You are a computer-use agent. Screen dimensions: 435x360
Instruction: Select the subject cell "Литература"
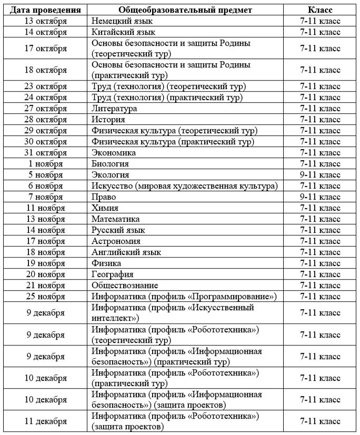114,108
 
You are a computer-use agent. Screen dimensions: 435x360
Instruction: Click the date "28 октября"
46,120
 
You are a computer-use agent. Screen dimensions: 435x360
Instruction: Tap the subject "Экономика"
114,153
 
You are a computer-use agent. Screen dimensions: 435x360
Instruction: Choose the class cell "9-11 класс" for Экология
320,175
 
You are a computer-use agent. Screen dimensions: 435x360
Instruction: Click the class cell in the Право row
320,197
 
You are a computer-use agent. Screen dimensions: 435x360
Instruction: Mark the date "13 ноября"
46,219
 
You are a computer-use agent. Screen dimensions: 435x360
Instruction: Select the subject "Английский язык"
126,252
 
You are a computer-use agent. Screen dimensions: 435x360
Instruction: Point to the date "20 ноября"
46,274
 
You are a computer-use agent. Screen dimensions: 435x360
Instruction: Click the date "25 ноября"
46,296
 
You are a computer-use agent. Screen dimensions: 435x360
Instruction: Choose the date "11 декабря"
46,421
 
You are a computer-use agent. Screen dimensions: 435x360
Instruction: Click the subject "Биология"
110,164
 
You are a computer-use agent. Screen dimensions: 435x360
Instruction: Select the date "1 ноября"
46,164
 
